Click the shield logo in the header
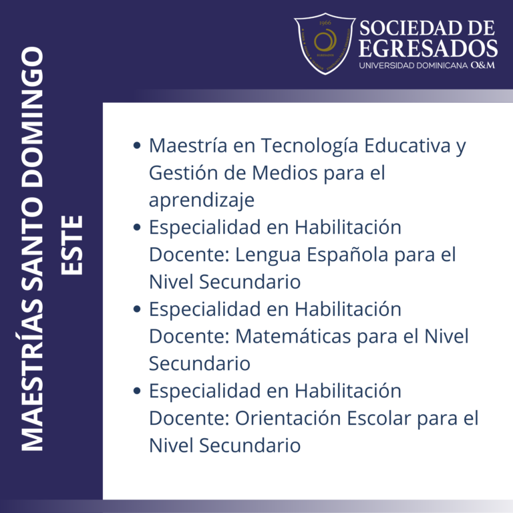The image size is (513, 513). click(x=325, y=43)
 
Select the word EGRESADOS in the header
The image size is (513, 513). click(x=427, y=49)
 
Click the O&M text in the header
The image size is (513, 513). click(x=482, y=65)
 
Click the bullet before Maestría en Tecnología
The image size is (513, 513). click(x=137, y=146)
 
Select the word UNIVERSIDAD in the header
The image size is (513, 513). click(x=383, y=65)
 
